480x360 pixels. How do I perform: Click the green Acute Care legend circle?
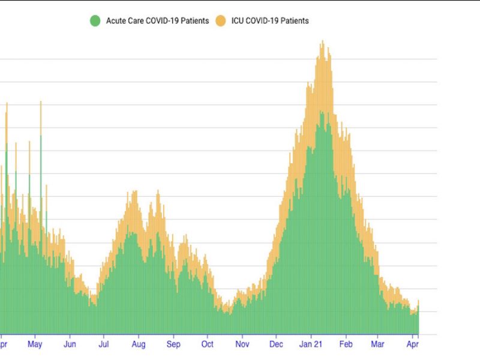coord(95,21)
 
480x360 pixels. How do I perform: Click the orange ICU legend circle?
coord(221,21)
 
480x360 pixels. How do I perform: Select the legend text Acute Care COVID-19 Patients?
coord(157,21)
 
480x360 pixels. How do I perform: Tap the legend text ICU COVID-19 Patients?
coord(270,21)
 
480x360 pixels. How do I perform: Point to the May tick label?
coord(35,345)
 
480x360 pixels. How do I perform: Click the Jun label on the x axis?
coord(70,345)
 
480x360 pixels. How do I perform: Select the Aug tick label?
coord(138,345)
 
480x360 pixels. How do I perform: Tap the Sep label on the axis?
coord(173,345)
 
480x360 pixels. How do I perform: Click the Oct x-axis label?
coord(207,345)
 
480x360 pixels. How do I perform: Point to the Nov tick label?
coord(242,345)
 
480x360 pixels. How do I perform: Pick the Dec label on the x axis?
coord(276,345)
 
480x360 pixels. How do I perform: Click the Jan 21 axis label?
coord(311,345)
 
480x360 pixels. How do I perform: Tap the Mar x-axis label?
coord(378,345)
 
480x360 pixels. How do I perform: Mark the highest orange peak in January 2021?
coord(323,42)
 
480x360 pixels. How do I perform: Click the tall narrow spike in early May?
coord(41,103)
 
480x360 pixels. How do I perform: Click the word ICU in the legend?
coord(239,21)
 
